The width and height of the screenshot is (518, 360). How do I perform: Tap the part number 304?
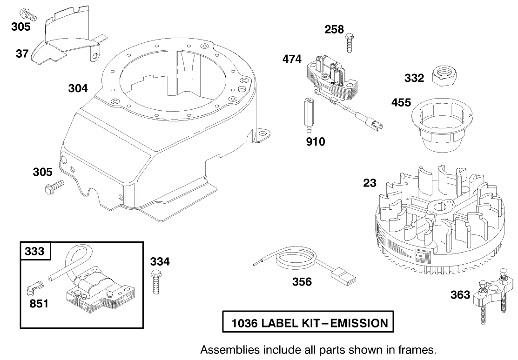pos(78,88)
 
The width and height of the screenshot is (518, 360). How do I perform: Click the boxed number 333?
pos(35,251)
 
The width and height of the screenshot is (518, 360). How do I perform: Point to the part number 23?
pos(370,183)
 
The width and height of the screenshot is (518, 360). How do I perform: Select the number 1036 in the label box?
pos(244,323)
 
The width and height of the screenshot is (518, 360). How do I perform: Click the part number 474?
pos(292,60)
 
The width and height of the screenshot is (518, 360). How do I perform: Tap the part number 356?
pos(302,282)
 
